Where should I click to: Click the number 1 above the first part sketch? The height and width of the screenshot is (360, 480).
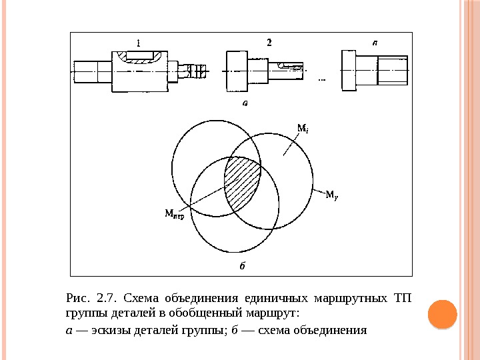coord(138,42)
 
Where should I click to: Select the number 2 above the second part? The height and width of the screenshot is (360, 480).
coord(269,42)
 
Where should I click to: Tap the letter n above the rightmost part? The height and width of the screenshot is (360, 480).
coord(375,41)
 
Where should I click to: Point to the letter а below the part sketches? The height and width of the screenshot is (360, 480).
coord(245,103)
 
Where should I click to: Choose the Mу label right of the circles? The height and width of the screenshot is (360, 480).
coord(331,195)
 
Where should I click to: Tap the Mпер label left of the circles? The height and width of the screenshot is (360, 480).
coord(175,213)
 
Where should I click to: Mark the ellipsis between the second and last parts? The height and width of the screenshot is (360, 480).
coord(323,79)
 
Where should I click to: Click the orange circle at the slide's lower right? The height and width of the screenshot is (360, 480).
coord(441,314)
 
